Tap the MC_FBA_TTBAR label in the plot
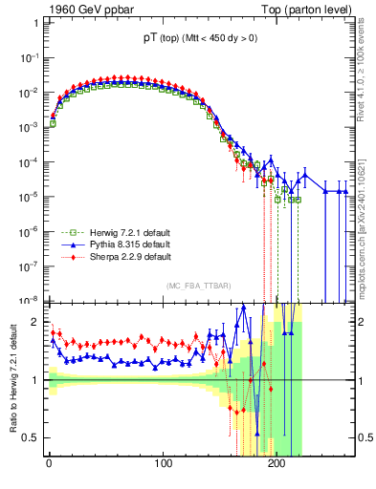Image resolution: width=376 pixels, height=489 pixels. pos(198,287)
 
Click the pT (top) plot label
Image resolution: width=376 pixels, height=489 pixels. pos(197,39)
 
